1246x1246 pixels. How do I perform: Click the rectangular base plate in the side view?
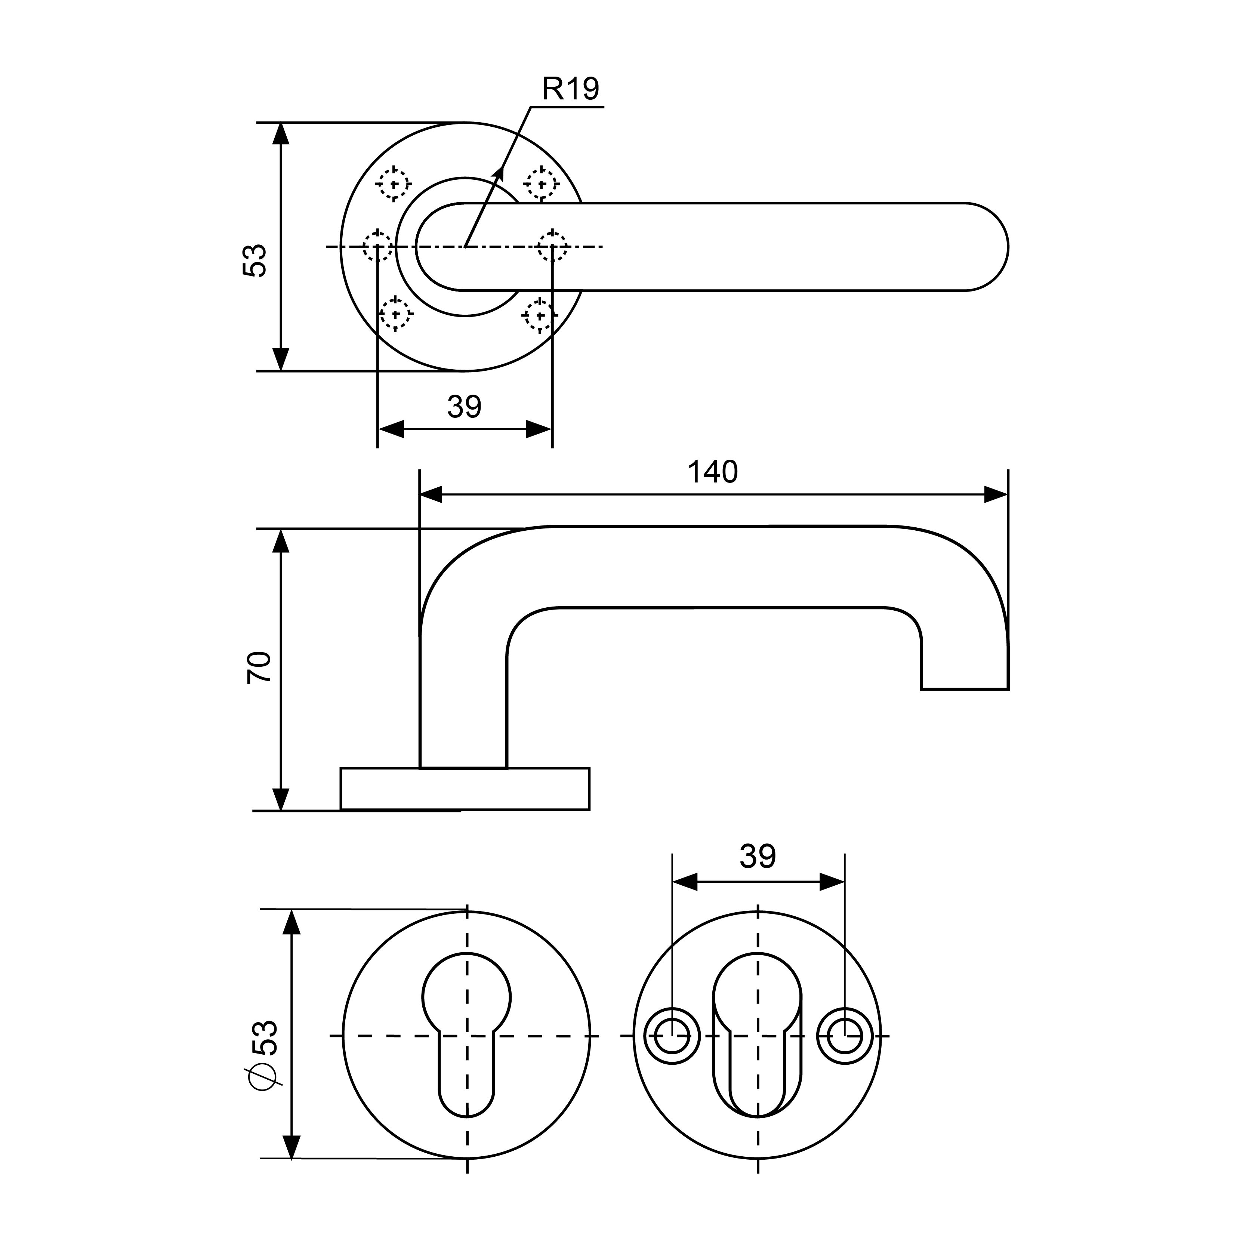464,788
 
